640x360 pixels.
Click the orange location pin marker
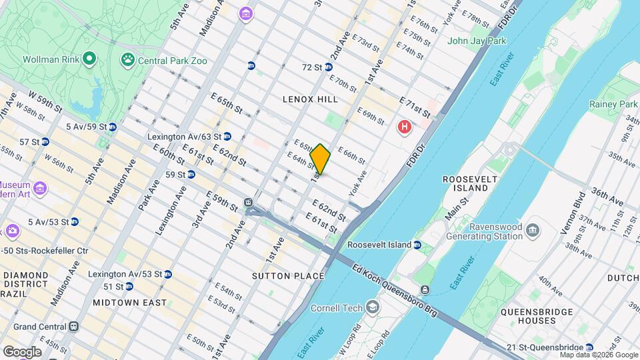[321, 159]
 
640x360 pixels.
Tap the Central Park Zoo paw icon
[127, 61]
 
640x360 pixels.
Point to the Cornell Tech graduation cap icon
[373, 307]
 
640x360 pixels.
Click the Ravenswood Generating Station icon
[533, 231]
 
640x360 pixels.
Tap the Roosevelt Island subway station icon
[417, 245]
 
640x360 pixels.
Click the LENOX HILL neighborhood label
[310, 99]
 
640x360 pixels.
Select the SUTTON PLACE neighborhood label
[288, 276]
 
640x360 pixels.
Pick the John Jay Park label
[477, 41]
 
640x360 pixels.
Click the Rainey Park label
[613, 104]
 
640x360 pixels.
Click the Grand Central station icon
[74, 327]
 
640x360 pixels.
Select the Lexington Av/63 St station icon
[227, 137]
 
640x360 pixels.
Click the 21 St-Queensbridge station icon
[589, 347]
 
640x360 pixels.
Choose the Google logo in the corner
[22, 351]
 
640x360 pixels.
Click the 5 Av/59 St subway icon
[112, 126]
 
